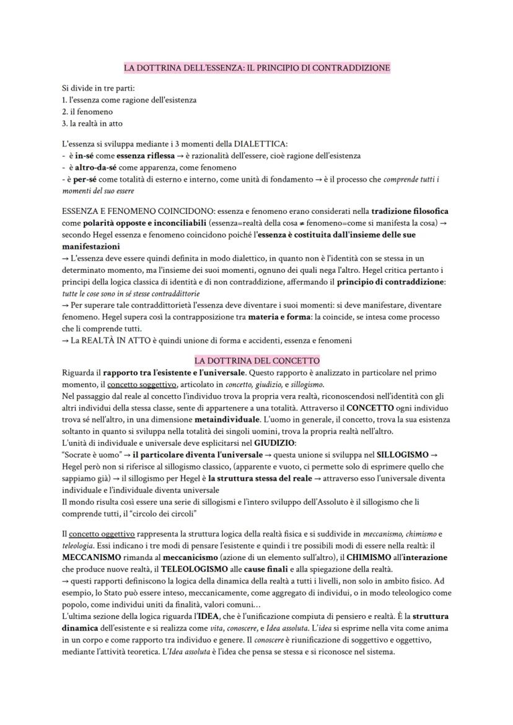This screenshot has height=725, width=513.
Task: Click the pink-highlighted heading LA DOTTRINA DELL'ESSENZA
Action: click(256, 67)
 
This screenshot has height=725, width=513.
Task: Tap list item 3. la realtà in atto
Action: click(92, 123)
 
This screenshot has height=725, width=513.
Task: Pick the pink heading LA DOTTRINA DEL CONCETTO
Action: click(256, 360)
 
